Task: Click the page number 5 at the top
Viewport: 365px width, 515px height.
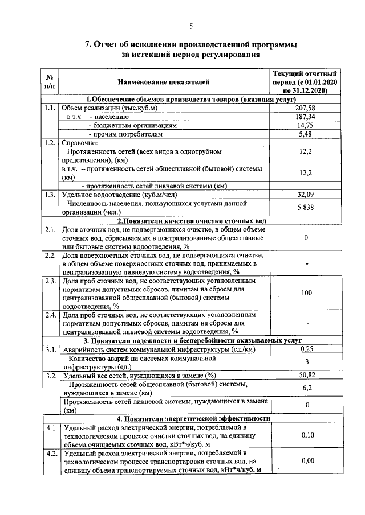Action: coord(191,26)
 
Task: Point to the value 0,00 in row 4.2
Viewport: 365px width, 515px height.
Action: coord(306,462)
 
